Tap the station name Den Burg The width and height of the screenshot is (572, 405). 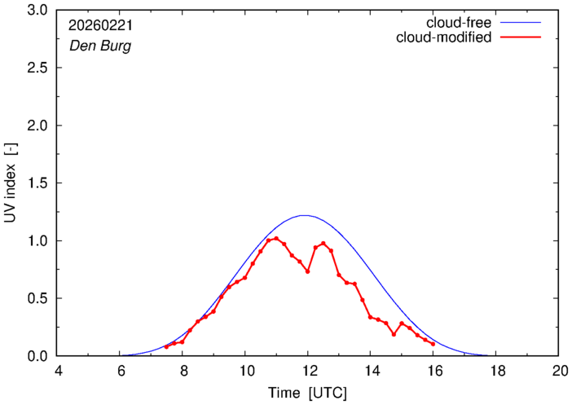pos(99,46)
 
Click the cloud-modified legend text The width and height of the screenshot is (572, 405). pos(443,37)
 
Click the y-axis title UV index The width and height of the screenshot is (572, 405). pos(11,183)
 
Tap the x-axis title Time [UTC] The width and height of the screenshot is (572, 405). pos(308,393)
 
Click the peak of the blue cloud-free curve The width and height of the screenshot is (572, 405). pos(305,215)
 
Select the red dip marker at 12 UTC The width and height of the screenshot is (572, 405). pos(307,271)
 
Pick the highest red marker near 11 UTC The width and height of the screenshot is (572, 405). pos(276,238)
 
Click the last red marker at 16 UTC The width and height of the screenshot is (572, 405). pos(433,344)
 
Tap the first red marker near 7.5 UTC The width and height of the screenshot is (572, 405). pos(166,346)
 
